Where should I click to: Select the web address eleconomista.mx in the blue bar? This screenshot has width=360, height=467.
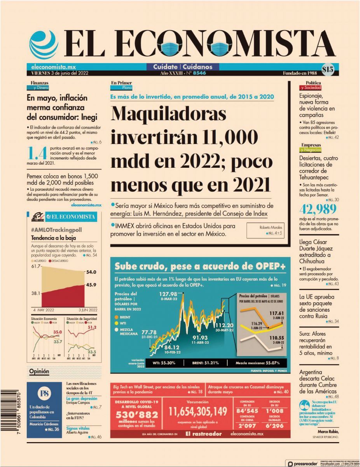point(48,67)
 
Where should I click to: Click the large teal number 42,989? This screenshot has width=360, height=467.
point(318,210)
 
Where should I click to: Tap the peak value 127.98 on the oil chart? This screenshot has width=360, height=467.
point(168,294)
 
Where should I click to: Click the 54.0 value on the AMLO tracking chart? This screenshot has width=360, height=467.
point(91,272)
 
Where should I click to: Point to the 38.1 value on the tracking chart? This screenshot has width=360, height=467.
point(36,293)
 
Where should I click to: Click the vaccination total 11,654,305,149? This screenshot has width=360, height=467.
point(198,411)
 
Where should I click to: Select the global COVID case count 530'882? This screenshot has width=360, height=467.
point(136,414)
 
